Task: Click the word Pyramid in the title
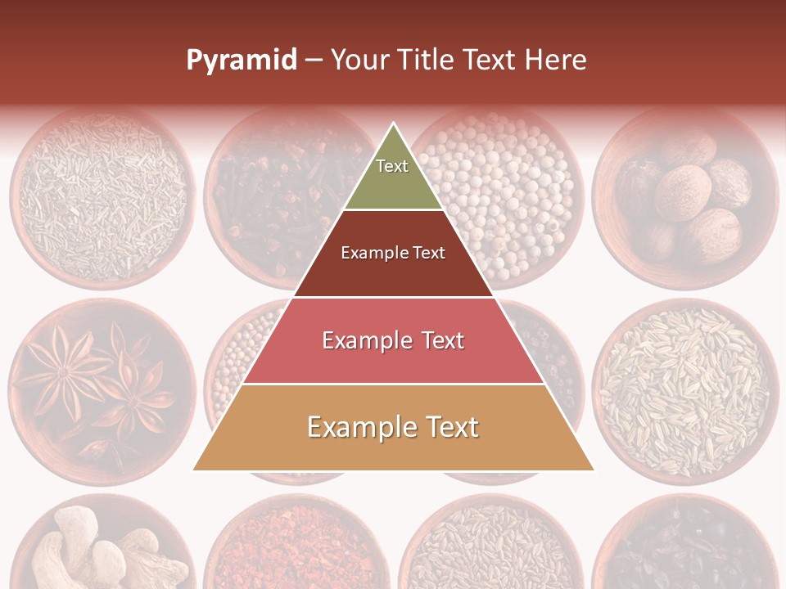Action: (x=242, y=61)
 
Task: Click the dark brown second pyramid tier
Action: (x=393, y=254)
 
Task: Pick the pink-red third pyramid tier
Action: (x=393, y=340)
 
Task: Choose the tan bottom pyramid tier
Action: (x=393, y=428)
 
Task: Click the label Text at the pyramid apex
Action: (x=392, y=166)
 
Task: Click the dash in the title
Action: (x=314, y=61)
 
